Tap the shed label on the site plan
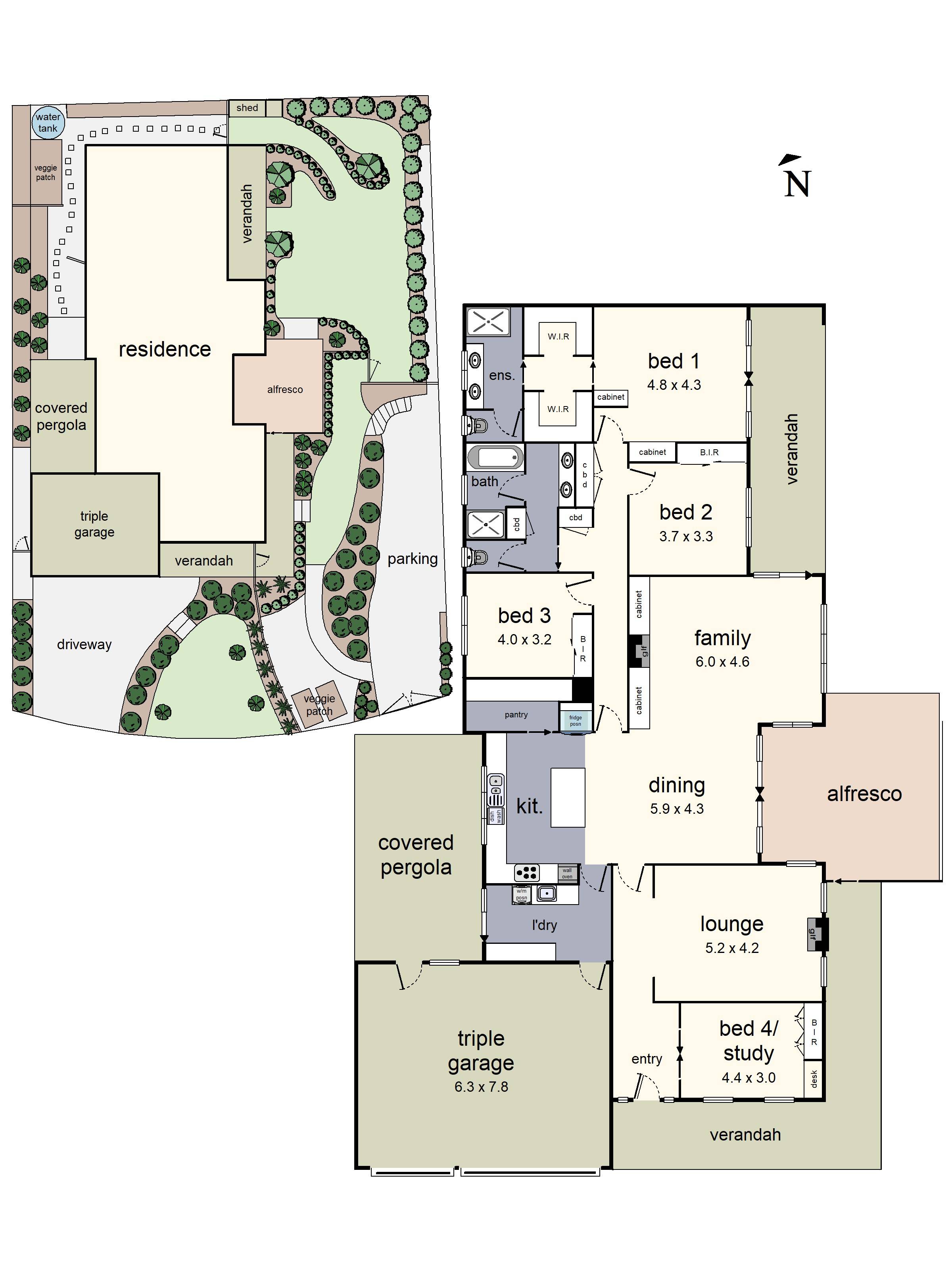247,108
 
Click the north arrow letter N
797,184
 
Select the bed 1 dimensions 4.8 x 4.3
674,385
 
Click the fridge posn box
575,721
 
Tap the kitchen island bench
568,797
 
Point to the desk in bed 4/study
813,1079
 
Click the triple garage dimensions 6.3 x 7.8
481,1087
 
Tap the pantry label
516,715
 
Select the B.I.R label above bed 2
709,452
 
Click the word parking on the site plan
412,558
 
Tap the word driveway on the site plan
84,644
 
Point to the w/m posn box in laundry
521,894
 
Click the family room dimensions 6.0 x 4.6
722,661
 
